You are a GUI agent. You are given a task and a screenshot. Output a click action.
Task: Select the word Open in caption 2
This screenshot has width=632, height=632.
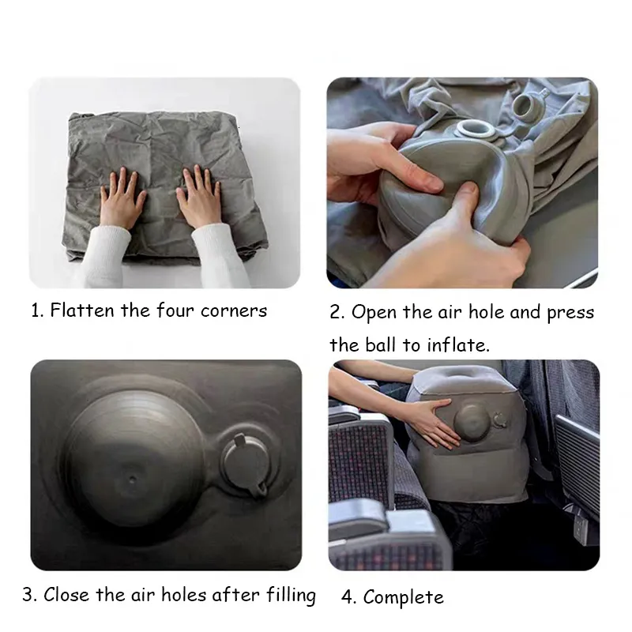(374, 312)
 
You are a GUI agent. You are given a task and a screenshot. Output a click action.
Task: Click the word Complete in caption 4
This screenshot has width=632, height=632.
(404, 597)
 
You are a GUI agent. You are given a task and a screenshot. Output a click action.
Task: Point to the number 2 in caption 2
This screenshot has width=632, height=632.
(337, 312)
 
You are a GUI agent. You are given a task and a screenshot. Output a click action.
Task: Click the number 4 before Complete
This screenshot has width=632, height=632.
(348, 597)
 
